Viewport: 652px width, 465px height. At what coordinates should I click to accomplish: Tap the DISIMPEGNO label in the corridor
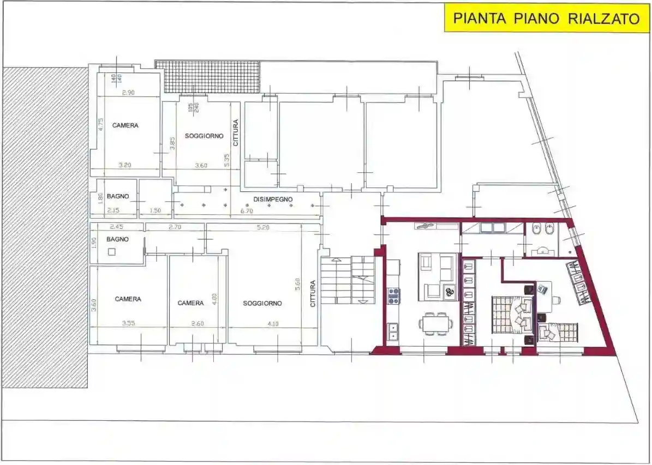coord(273,200)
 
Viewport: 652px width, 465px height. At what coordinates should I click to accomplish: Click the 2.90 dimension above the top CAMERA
coord(128,93)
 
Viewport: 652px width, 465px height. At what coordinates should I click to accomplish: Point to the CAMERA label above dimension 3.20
coord(125,125)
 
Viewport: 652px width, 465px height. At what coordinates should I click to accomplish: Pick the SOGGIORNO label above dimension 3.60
coord(204,136)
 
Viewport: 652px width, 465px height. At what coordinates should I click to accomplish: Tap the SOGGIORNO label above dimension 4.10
coord(262,303)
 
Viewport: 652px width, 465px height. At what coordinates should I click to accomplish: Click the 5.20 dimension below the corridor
coord(262,227)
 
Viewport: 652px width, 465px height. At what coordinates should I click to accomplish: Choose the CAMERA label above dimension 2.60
coord(190,303)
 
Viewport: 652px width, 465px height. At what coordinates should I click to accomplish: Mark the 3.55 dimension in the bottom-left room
coord(128,324)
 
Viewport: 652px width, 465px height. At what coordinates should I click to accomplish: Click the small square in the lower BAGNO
coord(112,251)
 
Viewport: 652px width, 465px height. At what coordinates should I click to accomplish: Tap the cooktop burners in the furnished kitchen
coord(393,296)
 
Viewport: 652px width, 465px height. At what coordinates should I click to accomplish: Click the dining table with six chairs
coord(435,323)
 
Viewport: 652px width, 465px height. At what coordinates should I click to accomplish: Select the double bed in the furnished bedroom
coord(512,315)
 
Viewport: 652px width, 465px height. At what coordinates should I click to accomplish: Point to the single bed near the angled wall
coord(558,331)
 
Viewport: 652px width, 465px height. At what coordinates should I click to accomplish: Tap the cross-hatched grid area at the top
coord(207,76)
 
